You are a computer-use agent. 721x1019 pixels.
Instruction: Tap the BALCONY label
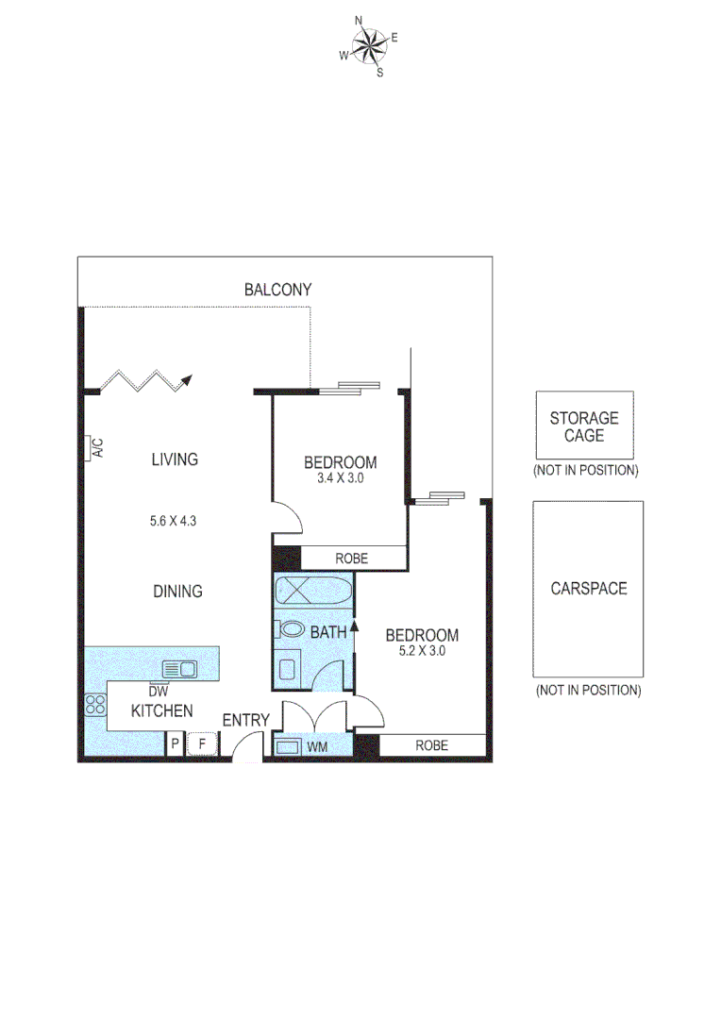pyautogui.click(x=277, y=290)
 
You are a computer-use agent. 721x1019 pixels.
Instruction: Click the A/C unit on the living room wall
pyautogui.click(x=95, y=448)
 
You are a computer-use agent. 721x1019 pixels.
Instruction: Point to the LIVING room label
pyautogui.click(x=175, y=459)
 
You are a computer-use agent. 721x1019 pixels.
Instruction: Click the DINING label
pyautogui.click(x=177, y=592)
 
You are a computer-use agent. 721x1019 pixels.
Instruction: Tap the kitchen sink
pyautogui.click(x=179, y=669)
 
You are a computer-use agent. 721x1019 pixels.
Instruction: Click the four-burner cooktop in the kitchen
pyautogui.click(x=95, y=704)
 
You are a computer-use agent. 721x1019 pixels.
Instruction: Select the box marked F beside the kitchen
pyautogui.click(x=200, y=744)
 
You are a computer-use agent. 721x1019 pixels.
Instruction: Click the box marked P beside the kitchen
pyautogui.click(x=175, y=744)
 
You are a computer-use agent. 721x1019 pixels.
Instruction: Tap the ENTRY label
pyautogui.click(x=245, y=720)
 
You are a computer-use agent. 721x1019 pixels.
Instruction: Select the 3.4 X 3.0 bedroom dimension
pyautogui.click(x=340, y=478)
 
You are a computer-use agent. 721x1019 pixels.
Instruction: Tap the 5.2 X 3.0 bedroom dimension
pyautogui.click(x=422, y=650)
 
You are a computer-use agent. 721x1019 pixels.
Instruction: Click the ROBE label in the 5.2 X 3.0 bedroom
pyautogui.click(x=432, y=745)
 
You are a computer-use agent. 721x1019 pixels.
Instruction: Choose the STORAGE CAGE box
pyautogui.click(x=584, y=426)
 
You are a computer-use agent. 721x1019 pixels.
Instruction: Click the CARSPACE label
pyautogui.click(x=588, y=589)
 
